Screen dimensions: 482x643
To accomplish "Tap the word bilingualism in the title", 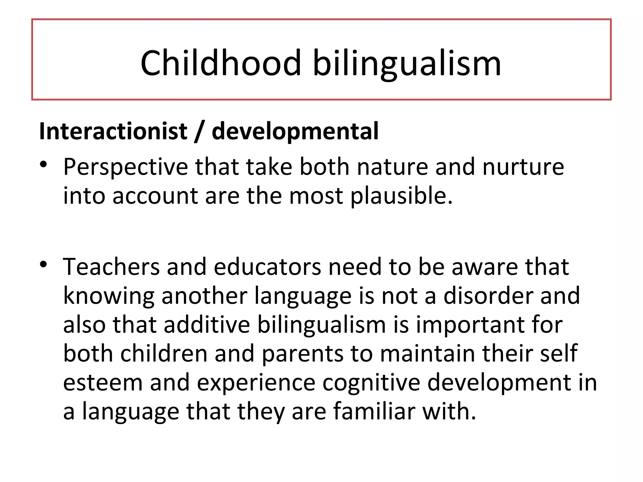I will coord(407,64).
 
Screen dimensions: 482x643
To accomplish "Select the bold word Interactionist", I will coord(113,131).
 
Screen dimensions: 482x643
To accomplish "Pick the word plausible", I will coord(401,196).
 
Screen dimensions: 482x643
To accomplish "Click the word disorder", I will coord(488,296).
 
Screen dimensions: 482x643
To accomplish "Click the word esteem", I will coord(103,383).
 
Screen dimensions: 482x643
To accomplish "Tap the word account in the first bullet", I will coord(155,196).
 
